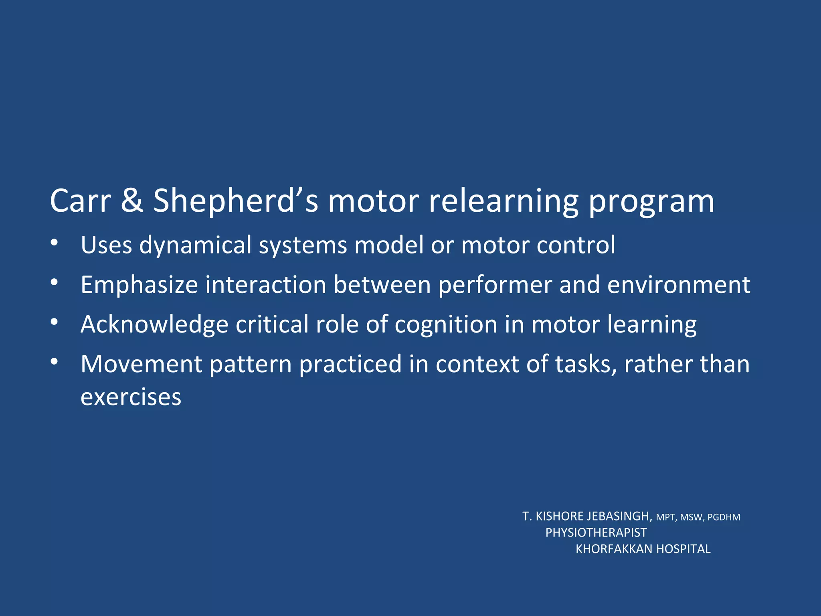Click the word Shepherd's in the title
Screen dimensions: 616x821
236,201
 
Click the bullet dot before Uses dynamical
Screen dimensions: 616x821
55,243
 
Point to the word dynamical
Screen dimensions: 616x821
195,245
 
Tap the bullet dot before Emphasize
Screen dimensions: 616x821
55,282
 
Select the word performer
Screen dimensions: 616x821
495,286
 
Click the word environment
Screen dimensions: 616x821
678,285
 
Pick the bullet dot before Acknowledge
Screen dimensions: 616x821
55,322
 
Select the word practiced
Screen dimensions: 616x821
350,365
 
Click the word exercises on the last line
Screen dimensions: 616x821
131,397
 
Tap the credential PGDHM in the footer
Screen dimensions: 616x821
724,517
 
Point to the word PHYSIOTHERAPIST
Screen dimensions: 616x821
596,533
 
